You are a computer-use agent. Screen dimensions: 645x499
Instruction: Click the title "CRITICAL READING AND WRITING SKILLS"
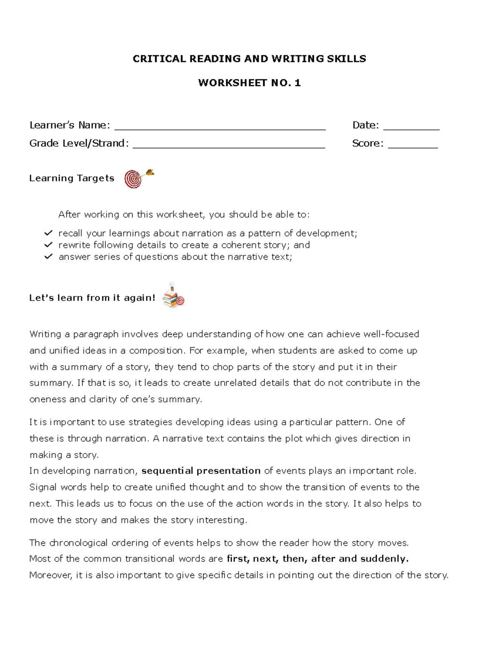tap(249, 59)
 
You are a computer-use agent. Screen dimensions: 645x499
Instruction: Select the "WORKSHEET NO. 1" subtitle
tap(249, 83)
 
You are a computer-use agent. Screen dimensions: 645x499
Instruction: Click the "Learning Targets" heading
tap(72, 178)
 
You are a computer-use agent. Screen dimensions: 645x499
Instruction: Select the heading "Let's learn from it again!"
tap(92, 298)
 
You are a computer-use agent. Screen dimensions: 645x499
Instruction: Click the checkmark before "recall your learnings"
tap(49, 233)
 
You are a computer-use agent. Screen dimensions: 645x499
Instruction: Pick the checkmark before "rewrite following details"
tap(49, 245)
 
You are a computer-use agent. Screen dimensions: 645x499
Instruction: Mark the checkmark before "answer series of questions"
tap(49, 256)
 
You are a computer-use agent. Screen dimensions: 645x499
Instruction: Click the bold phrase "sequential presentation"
tap(201, 471)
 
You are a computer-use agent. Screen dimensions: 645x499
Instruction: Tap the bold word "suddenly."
tap(384, 559)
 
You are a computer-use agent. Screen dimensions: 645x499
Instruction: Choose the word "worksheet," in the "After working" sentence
tap(180, 215)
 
